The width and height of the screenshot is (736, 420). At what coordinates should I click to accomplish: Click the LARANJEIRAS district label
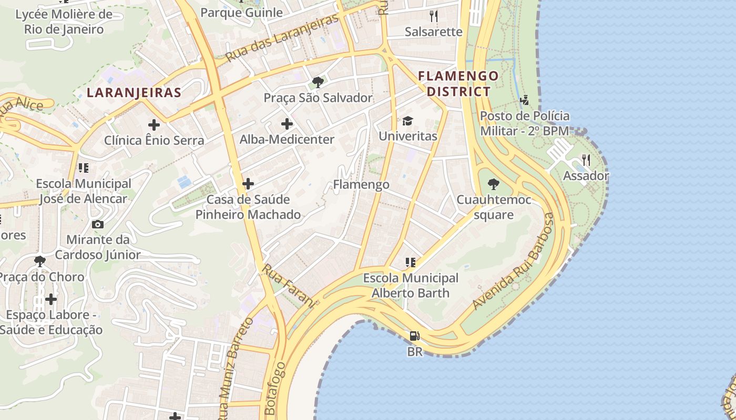134,93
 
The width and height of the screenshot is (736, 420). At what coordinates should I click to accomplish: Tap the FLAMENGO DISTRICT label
458,83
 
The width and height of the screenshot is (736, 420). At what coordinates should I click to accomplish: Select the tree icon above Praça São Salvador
318,82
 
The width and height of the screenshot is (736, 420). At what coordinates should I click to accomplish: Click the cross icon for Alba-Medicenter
287,124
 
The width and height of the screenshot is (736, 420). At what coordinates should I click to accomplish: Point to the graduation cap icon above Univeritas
407,121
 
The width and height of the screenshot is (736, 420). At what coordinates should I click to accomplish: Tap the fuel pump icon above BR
415,336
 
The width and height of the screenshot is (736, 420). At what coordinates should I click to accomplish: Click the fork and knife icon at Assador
586,160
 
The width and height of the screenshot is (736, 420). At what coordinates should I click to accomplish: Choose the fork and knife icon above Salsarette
433,16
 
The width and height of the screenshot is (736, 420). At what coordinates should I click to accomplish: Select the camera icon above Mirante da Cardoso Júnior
97,224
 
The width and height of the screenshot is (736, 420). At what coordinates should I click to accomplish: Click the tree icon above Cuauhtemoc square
493,184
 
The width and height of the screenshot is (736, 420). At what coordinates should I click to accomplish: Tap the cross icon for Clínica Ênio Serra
154,125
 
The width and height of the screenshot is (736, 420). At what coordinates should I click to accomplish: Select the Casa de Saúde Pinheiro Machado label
248,207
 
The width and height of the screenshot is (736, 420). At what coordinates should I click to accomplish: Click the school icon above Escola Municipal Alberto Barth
411,262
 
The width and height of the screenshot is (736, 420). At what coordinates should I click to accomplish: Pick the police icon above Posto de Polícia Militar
524,100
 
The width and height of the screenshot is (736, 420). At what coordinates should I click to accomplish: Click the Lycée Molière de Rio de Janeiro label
64,22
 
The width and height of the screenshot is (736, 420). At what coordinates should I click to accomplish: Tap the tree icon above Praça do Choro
39,261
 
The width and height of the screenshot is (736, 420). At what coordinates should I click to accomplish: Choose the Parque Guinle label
241,12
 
